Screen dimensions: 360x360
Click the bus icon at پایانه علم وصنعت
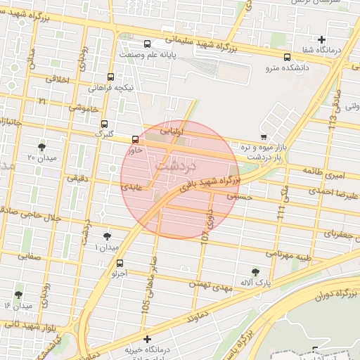coord(147,43)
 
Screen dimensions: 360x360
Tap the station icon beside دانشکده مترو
coord(286,58)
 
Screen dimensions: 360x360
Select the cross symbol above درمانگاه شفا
coord(322,40)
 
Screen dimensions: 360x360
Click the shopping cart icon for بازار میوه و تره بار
coord(263,136)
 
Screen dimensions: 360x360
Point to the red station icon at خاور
coord(135,139)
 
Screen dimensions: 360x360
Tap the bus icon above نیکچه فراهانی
coord(110,77)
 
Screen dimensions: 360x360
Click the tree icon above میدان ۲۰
coord(42,147)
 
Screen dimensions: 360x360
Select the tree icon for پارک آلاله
coord(255,271)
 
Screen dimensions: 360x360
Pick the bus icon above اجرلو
coord(119,264)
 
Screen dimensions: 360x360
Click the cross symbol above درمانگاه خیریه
coord(146,339)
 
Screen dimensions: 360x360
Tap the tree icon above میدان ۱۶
coord(18,295)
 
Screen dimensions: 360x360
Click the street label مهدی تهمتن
coord(210,284)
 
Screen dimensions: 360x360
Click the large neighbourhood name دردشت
coord(175,166)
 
